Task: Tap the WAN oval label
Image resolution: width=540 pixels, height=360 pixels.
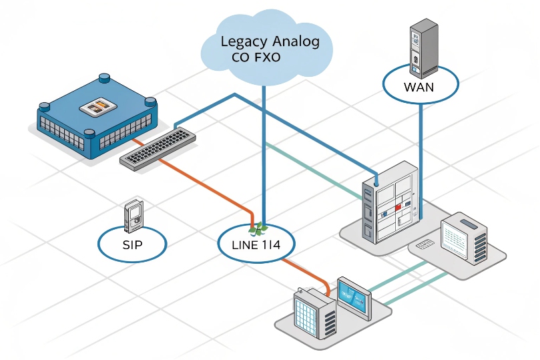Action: (x=420, y=86)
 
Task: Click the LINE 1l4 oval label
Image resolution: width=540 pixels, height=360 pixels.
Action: (x=258, y=244)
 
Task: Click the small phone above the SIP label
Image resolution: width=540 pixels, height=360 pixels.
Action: (x=134, y=215)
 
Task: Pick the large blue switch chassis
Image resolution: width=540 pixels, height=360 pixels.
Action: (x=97, y=115)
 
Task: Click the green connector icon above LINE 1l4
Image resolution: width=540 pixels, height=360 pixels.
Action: (x=256, y=229)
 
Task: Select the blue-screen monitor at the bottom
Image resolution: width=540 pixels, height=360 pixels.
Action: (x=352, y=298)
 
